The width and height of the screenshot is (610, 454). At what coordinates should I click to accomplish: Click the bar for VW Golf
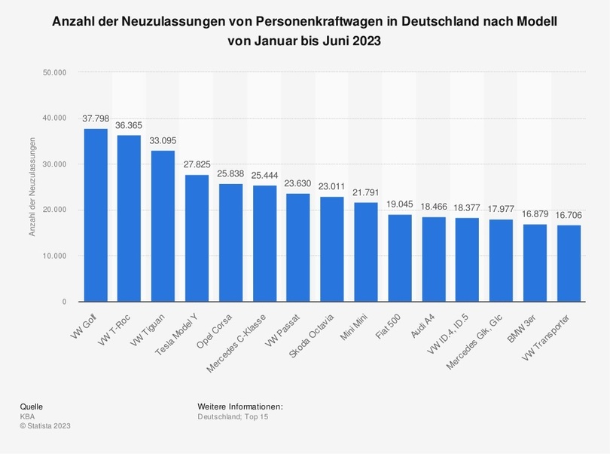tap(95, 215)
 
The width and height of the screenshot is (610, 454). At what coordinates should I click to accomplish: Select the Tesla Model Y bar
tap(197, 238)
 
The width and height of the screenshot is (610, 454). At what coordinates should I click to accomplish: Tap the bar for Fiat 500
tap(400, 258)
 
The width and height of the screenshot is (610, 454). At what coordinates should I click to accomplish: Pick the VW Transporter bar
tap(569, 263)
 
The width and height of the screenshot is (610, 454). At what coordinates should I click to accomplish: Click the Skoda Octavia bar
tap(332, 249)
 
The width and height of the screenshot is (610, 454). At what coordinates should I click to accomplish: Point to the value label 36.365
tap(129, 125)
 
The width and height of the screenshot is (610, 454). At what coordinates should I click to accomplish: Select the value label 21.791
tap(366, 192)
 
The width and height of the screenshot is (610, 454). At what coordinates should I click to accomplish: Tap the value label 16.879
tap(535, 214)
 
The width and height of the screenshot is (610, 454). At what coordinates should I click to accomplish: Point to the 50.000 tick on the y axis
tap(56, 72)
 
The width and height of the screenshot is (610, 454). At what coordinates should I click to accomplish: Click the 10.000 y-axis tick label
tap(56, 256)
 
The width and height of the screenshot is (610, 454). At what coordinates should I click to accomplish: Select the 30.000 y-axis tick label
tap(56, 164)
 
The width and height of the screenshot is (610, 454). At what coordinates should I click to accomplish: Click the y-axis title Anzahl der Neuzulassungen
tap(32, 187)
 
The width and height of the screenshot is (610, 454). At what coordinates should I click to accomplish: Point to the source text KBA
tap(27, 416)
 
